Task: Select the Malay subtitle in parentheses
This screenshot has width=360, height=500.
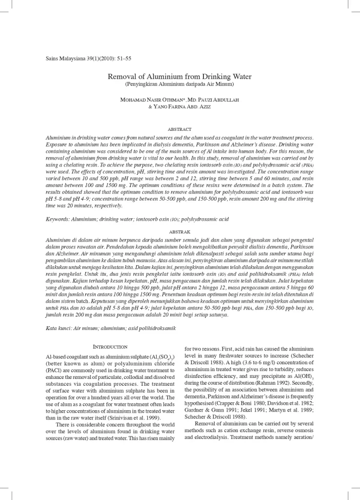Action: [x=180, y=85]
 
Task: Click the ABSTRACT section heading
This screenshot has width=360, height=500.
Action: [x=180, y=129]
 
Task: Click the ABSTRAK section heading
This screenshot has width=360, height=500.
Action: [x=180, y=231]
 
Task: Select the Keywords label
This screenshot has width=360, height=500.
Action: [x=58, y=219]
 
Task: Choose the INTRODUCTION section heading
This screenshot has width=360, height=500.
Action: [x=110, y=346]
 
